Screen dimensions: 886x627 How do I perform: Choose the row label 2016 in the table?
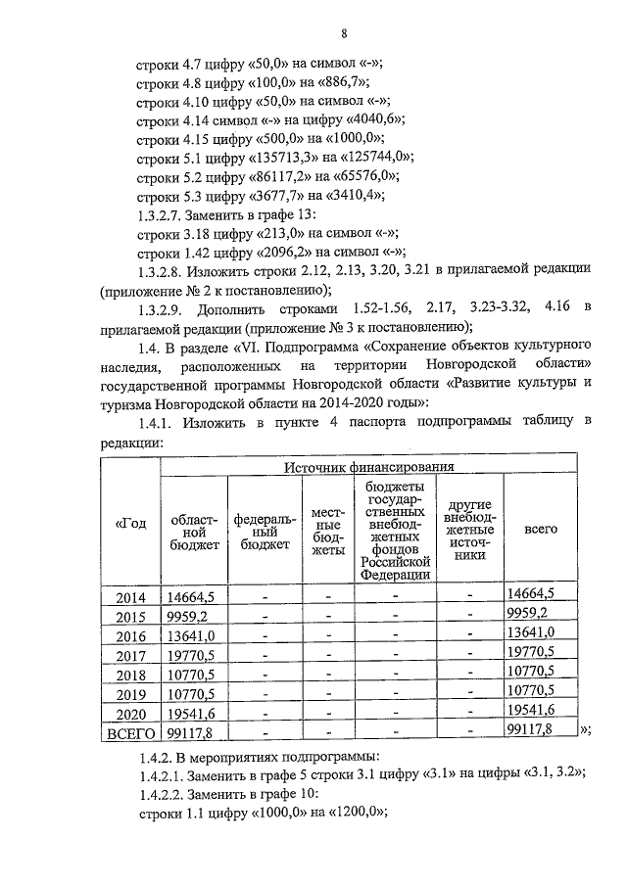pyautogui.click(x=130, y=635)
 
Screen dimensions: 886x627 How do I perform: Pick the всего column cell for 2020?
pyautogui.click(x=532, y=710)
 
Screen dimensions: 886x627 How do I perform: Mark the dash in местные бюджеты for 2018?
pyautogui.click(x=328, y=673)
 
